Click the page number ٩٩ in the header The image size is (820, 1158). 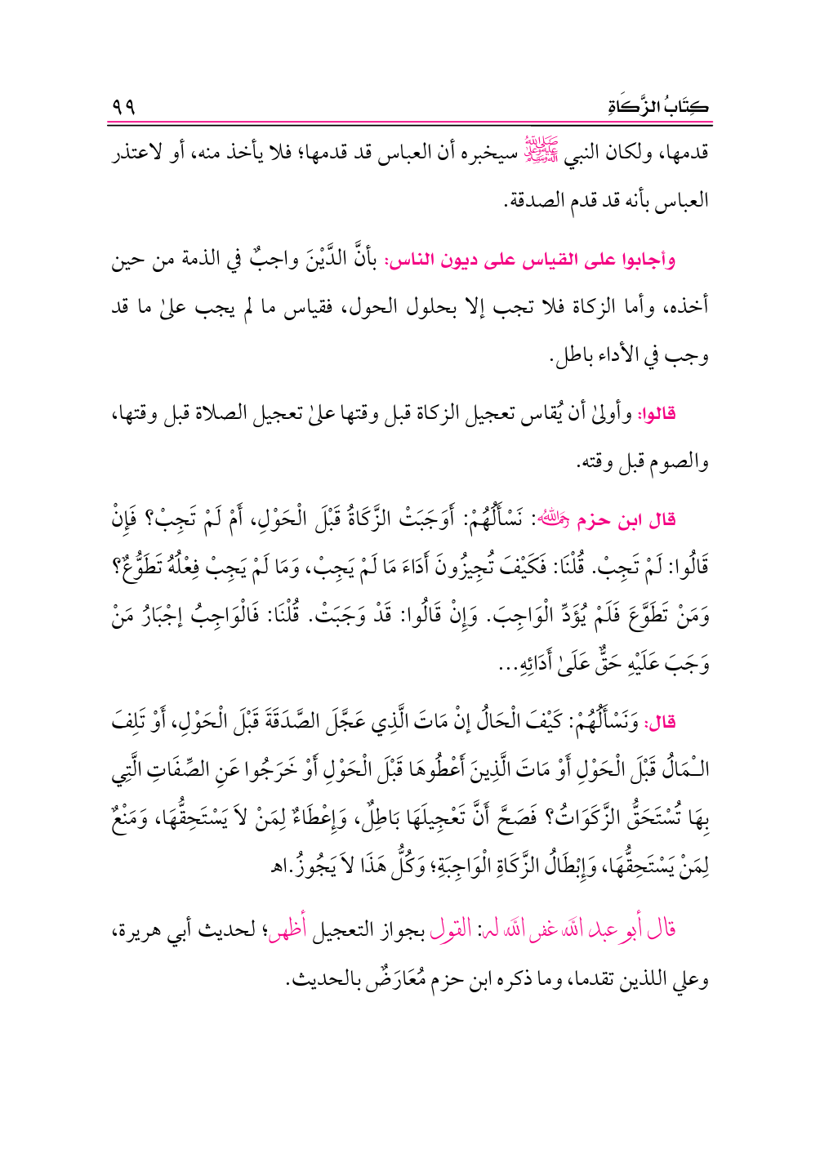click(x=124, y=106)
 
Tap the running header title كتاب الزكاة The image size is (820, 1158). click(x=658, y=107)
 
